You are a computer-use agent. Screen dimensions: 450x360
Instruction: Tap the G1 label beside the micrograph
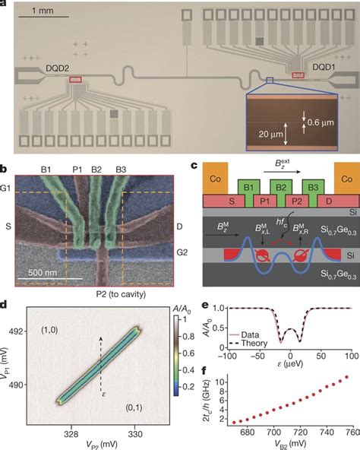point(7,179)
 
